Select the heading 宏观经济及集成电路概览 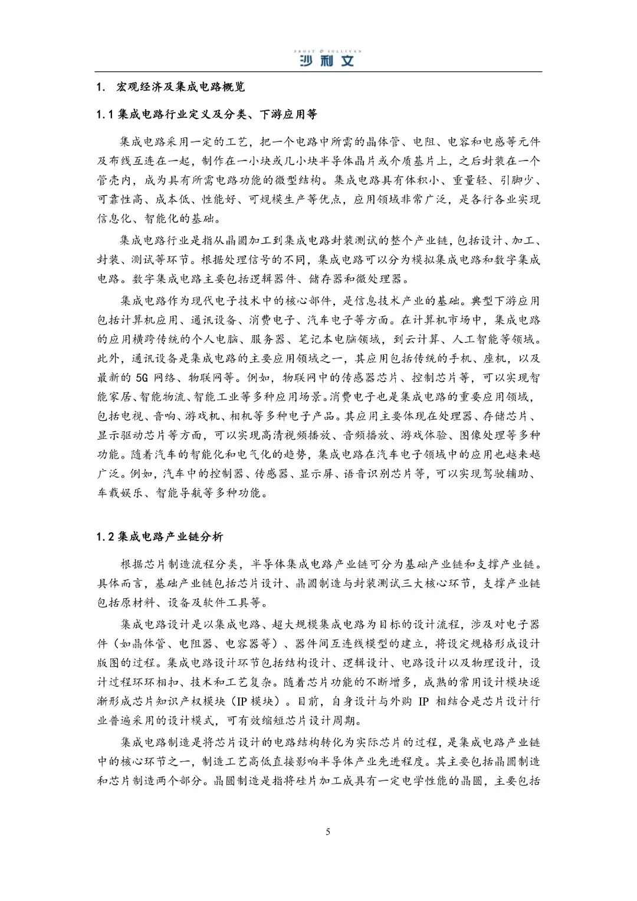point(180,87)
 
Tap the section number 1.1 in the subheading point(105,114)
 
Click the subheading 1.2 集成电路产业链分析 point(160,537)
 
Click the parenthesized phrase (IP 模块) point(254,702)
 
